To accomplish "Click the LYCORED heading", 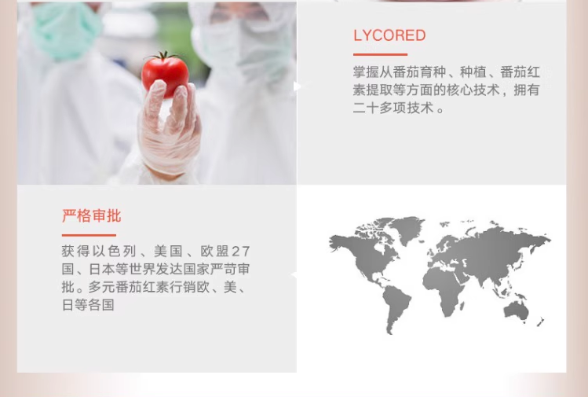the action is tap(389, 35).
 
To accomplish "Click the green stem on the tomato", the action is tap(164, 57).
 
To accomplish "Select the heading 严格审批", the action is tap(91, 216).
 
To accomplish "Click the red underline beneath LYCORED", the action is tap(380, 54).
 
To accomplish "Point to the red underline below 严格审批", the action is tap(89, 235).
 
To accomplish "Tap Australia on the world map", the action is tap(517, 311).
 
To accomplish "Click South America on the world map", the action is tap(396, 308).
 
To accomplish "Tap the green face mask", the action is tap(67, 31).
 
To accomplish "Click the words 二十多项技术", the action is tap(393, 108).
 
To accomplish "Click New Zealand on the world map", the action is tap(540, 322).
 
